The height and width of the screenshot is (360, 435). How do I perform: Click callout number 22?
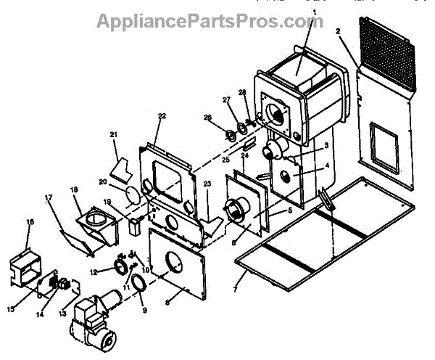point(162,116)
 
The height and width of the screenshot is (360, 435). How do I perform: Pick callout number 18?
point(73,189)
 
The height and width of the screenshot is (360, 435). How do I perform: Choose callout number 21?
point(113,134)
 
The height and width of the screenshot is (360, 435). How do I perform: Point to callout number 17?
point(49,196)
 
